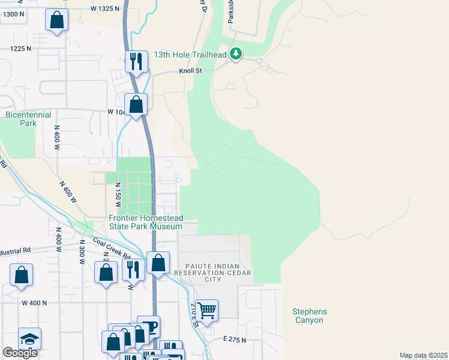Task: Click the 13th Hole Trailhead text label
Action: (x=190, y=55)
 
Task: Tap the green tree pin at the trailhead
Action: (x=237, y=55)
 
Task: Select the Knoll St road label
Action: (x=191, y=71)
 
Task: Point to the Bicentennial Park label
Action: (x=28, y=119)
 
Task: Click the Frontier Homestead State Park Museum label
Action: (x=145, y=223)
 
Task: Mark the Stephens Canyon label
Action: (x=310, y=316)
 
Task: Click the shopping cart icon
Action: (x=206, y=310)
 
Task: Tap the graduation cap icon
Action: (x=29, y=339)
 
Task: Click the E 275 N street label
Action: (x=234, y=340)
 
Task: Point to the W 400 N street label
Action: (x=34, y=303)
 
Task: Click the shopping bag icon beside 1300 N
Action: (x=56, y=20)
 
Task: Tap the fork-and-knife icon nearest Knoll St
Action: (x=137, y=61)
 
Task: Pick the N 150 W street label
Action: (x=118, y=196)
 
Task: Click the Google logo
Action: (x=20, y=353)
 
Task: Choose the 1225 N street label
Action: (x=20, y=48)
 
